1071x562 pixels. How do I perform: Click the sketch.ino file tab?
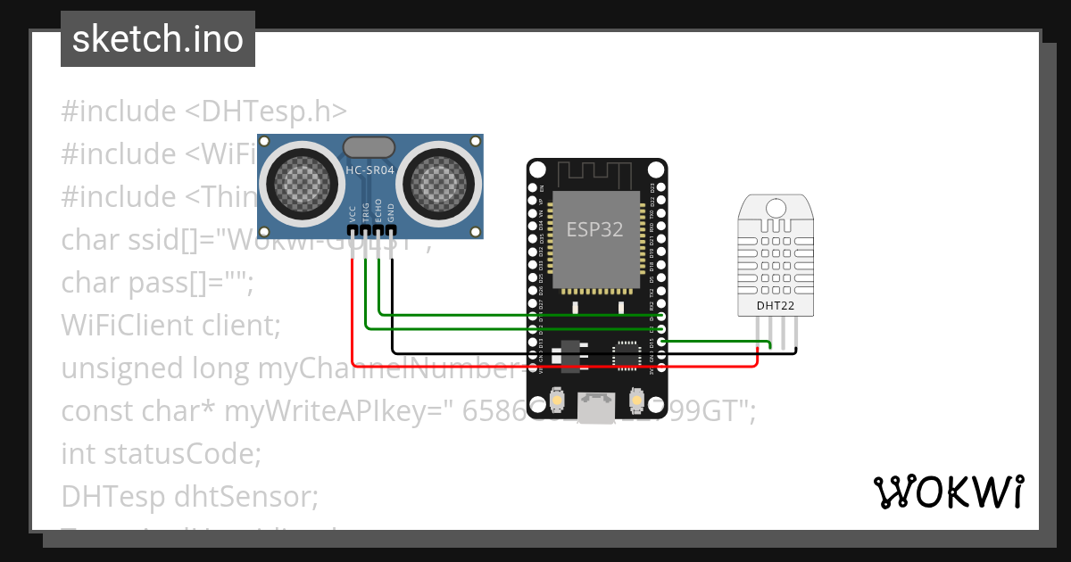pyautogui.click(x=158, y=39)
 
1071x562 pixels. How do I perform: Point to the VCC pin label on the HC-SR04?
pyautogui.click(x=353, y=214)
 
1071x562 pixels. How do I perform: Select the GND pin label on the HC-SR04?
pyautogui.click(x=391, y=214)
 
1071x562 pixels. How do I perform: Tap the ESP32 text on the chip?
pyautogui.click(x=594, y=228)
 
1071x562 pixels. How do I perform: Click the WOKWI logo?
pyautogui.click(x=948, y=492)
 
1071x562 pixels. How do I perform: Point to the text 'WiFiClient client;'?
pyautogui.click(x=170, y=325)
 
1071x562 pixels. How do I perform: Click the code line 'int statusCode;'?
pyautogui.click(x=161, y=453)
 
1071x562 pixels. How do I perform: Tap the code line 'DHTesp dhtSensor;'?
pyautogui.click(x=189, y=496)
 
